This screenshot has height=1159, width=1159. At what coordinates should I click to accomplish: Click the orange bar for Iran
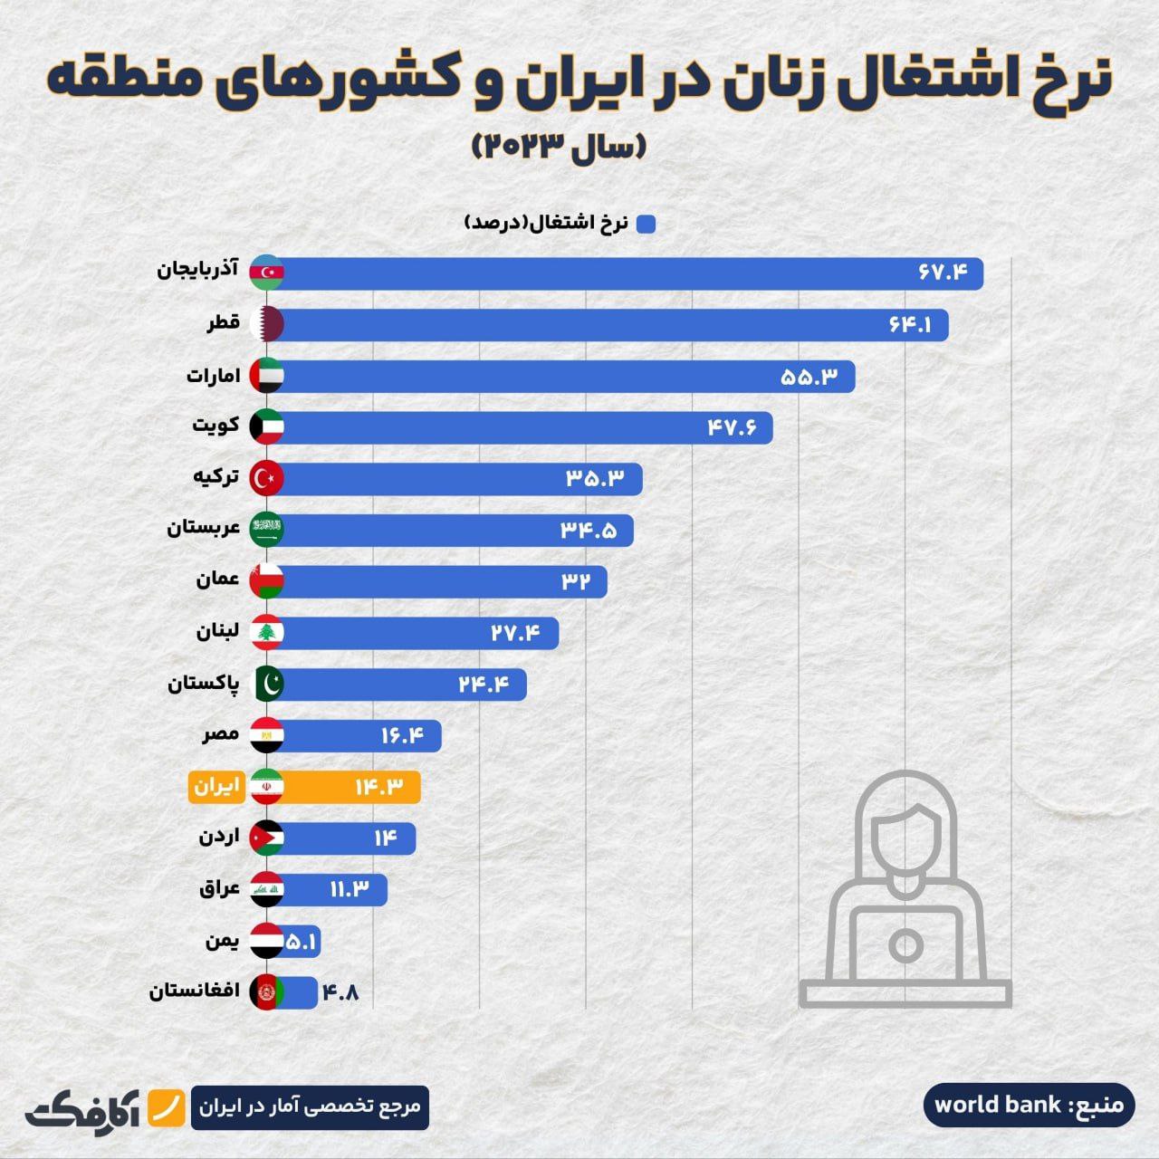(x=353, y=787)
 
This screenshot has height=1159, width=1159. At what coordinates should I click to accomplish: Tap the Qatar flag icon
(x=267, y=324)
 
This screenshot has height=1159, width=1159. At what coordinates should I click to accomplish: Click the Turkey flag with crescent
(x=267, y=478)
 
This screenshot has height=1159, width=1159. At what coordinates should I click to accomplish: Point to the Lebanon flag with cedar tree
(x=267, y=632)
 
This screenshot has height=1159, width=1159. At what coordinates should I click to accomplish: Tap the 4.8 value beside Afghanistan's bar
(x=340, y=993)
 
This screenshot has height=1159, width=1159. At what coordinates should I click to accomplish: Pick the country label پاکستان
(x=204, y=684)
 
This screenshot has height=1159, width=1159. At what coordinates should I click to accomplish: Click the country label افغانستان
(x=195, y=991)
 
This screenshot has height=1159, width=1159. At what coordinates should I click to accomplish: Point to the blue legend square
(x=646, y=224)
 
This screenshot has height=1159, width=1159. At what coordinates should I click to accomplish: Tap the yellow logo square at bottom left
(x=166, y=1106)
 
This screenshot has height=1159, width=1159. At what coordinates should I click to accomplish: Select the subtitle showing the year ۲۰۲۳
(x=559, y=146)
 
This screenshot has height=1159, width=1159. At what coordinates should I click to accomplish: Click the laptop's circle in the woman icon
(x=905, y=945)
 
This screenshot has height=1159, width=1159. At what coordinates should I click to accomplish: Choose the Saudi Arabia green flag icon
(x=267, y=530)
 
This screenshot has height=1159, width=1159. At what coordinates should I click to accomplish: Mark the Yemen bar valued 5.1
(x=302, y=942)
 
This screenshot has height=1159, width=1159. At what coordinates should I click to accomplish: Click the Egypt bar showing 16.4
(x=362, y=735)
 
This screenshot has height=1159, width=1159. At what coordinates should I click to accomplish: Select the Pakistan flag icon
(x=267, y=684)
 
